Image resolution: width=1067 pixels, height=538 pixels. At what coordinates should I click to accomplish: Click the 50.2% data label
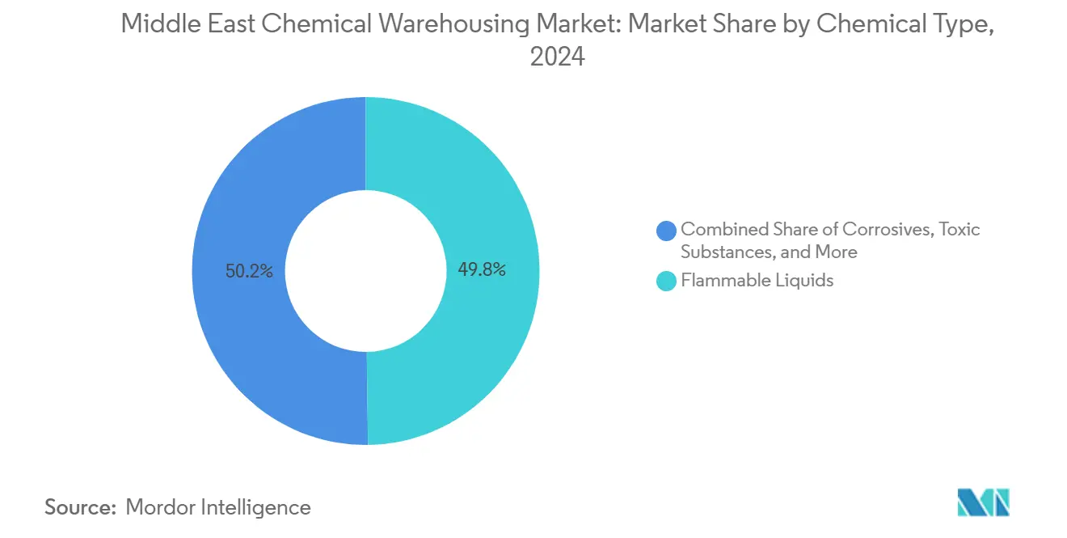click(x=249, y=272)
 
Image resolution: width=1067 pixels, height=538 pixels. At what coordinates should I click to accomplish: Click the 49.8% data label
click(x=482, y=270)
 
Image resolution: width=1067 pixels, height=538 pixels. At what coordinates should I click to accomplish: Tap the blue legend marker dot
click(x=667, y=231)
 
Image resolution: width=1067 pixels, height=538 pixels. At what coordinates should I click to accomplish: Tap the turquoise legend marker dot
click(x=667, y=282)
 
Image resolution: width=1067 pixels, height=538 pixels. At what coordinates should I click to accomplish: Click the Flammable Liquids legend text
click(x=757, y=281)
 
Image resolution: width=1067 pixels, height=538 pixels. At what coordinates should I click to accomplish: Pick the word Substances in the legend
click(x=723, y=252)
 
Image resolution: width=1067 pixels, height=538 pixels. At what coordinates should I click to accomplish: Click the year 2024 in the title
click(x=557, y=57)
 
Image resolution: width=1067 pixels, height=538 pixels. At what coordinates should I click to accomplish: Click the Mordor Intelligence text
click(x=218, y=507)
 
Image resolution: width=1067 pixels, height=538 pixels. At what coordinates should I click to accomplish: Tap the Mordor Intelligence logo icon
click(x=983, y=502)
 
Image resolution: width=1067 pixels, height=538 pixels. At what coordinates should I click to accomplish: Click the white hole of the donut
click(x=365, y=271)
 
